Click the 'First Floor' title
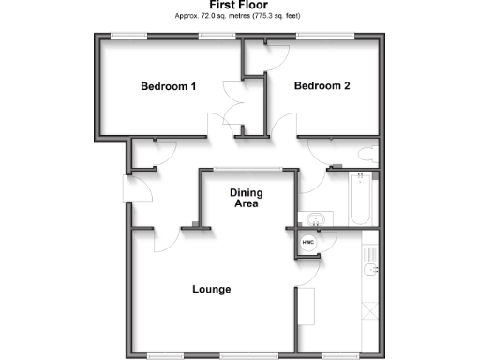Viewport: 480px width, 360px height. [x=239, y=6]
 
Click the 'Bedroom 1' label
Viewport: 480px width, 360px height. [x=168, y=87]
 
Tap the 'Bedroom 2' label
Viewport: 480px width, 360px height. [x=322, y=86]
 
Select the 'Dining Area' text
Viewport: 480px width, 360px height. [x=247, y=199]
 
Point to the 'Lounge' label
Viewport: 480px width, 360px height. [x=212, y=289]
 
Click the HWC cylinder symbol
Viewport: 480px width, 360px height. [x=307, y=243]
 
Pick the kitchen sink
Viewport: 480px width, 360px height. [x=368, y=273]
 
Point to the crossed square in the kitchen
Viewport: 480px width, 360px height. [x=368, y=310]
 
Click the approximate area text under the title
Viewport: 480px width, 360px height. [x=239, y=18]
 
